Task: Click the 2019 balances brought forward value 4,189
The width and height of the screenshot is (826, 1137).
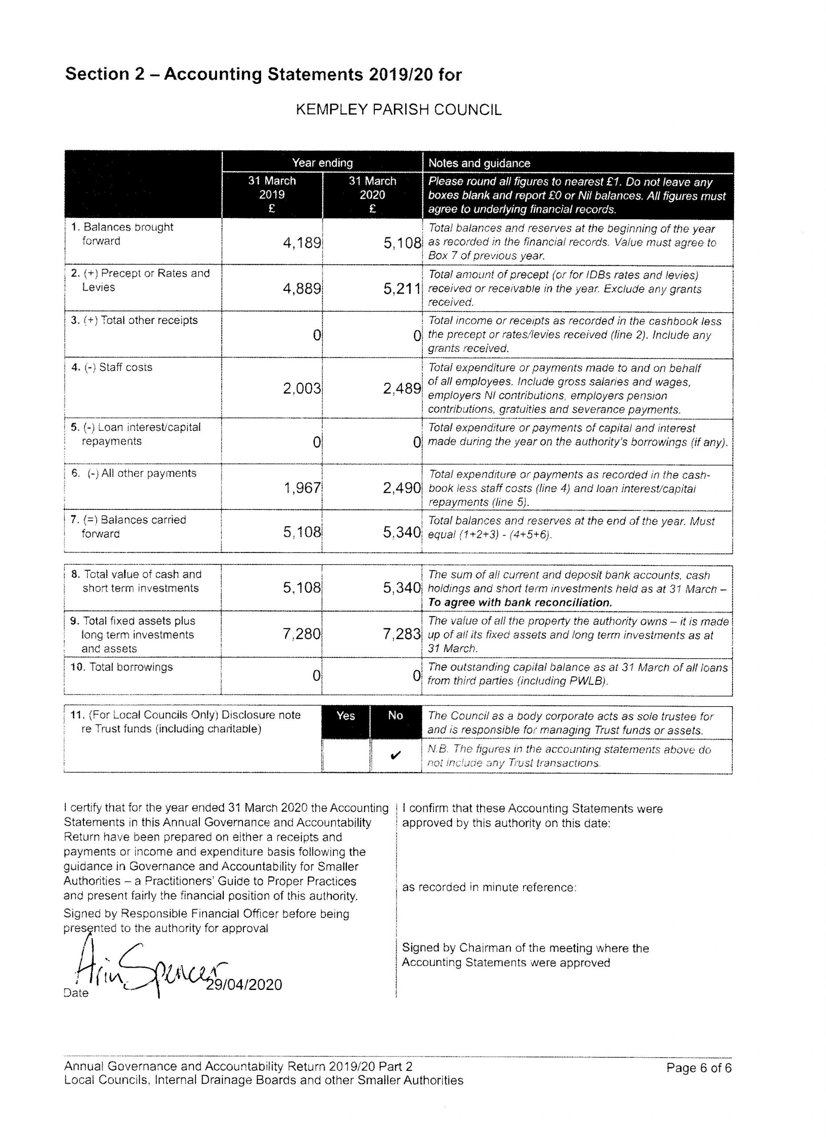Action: point(302,243)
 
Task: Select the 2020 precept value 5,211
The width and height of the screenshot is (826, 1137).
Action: point(402,289)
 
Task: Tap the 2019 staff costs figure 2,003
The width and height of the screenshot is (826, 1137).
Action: point(302,388)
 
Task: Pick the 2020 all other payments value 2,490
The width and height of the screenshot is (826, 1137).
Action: point(402,488)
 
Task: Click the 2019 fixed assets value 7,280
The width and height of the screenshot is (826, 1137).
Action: point(302,634)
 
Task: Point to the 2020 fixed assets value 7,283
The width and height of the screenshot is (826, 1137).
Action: point(402,634)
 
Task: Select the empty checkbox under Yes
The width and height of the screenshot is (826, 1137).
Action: point(345,756)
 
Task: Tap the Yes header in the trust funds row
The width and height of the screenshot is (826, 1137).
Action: point(345,716)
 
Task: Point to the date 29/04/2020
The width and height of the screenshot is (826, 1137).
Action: point(244,985)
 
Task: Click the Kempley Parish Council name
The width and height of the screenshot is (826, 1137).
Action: point(398,110)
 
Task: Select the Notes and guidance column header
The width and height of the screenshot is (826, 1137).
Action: point(479,163)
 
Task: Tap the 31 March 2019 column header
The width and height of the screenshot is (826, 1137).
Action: point(272,195)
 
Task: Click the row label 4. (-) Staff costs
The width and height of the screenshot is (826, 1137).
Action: point(112,367)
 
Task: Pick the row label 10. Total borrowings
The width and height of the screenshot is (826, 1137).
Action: point(121,667)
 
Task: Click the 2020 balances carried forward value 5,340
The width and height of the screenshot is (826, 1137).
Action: point(402,532)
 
